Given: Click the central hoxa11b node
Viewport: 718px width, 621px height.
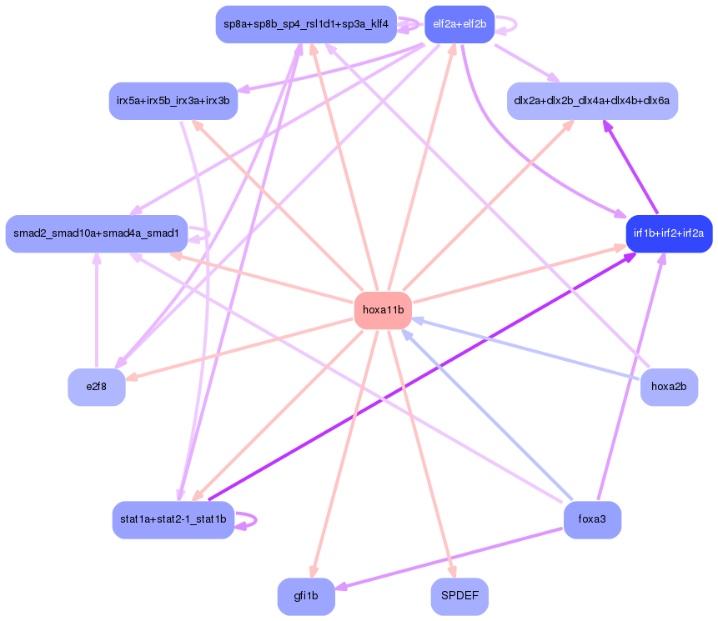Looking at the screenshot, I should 384,310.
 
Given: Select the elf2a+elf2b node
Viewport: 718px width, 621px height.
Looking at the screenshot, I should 459,24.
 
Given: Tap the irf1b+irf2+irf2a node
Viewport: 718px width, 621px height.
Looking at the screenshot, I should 669,233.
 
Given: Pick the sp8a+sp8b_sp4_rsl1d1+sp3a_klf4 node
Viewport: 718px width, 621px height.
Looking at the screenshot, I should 305,24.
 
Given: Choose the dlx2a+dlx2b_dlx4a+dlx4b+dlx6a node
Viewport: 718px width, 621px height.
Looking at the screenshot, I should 592,101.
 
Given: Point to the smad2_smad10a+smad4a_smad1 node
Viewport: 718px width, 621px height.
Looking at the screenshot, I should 96,233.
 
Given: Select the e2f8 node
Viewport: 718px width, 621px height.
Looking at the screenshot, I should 97,387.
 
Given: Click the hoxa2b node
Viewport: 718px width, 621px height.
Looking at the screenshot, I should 669,387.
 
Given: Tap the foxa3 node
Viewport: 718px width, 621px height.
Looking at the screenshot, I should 592,520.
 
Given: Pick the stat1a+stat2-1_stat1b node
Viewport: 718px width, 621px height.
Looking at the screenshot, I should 173,520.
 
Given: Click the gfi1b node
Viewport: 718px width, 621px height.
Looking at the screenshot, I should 306,597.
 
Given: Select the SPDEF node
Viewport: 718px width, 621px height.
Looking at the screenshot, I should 459,597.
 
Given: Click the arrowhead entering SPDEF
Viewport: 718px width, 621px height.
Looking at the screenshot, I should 452,573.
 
